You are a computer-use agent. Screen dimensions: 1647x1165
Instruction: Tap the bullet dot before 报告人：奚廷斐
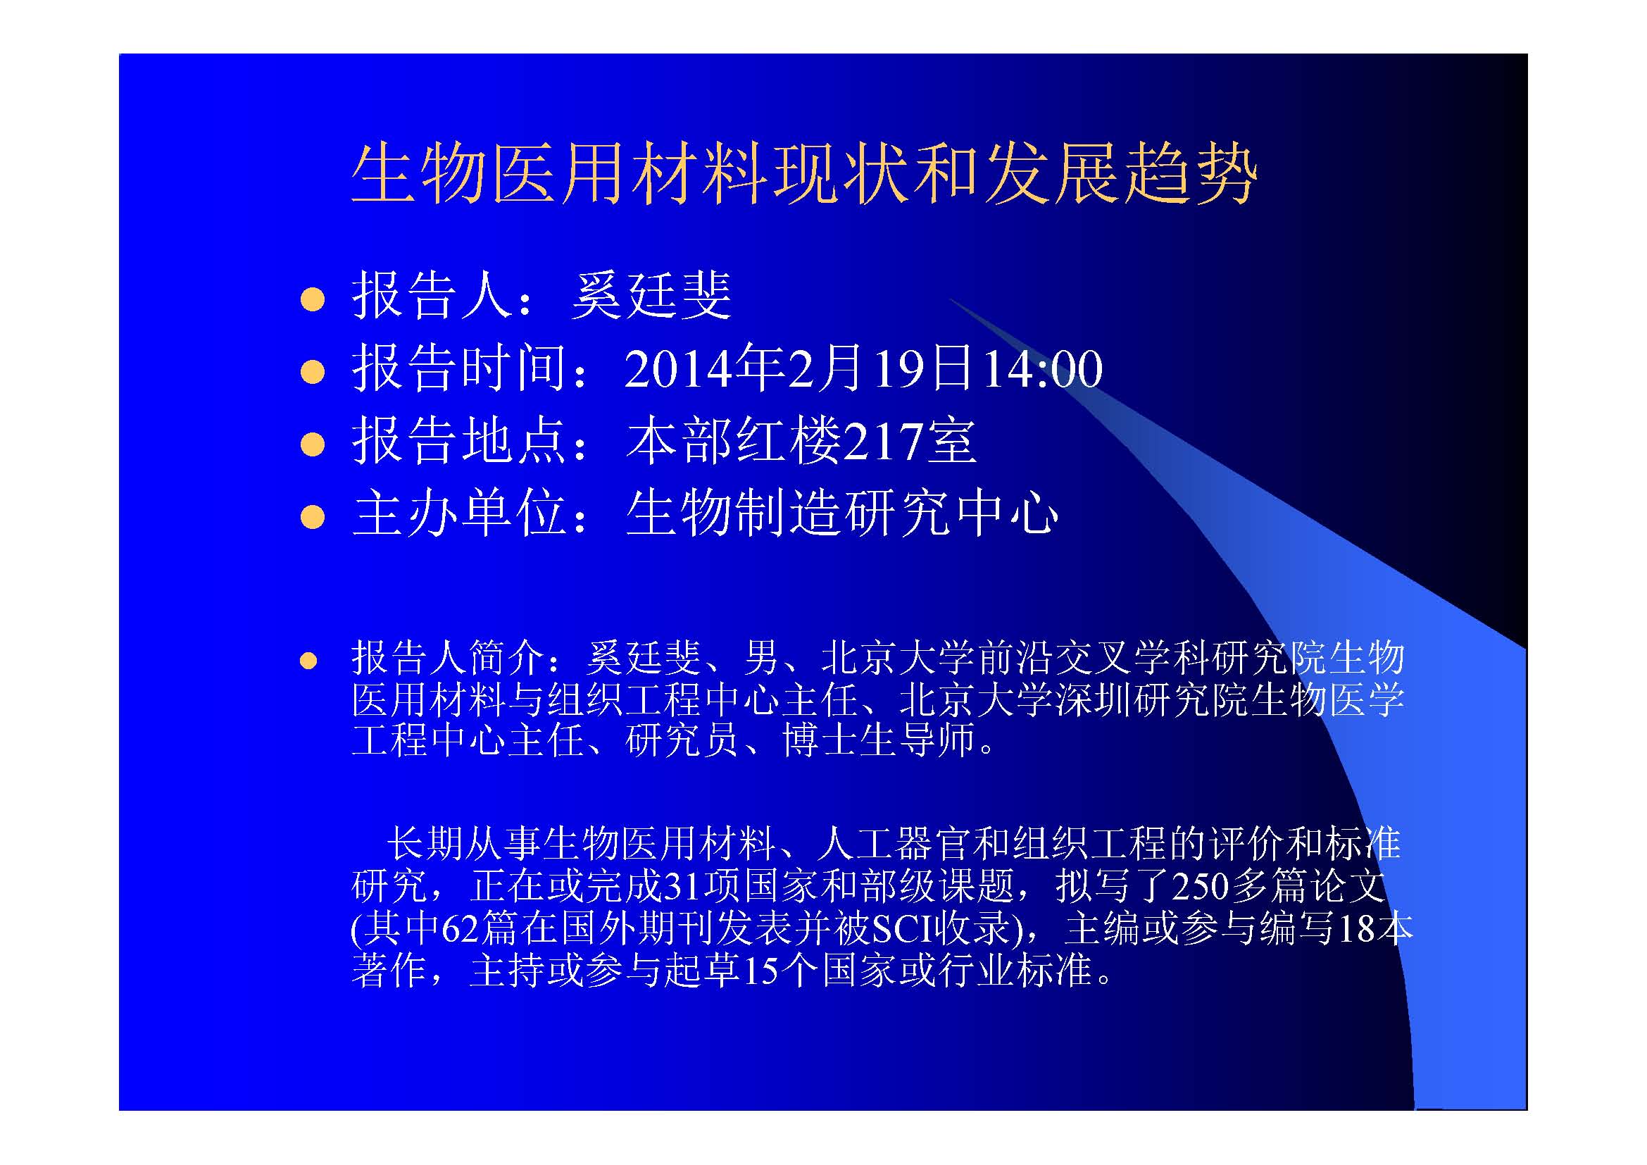[x=313, y=300]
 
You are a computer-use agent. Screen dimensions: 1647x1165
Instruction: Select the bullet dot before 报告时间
[x=313, y=373]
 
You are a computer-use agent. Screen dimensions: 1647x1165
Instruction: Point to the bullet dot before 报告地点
[x=313, y=444]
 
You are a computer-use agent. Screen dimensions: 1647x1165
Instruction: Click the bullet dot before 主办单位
[x=313, y=516]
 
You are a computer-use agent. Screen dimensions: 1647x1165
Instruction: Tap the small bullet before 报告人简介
[x=308, y=661]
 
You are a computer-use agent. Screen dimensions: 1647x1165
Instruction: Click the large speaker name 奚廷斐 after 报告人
[x=651, y=296]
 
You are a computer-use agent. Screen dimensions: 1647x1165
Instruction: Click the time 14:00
[x=1041, y=370]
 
